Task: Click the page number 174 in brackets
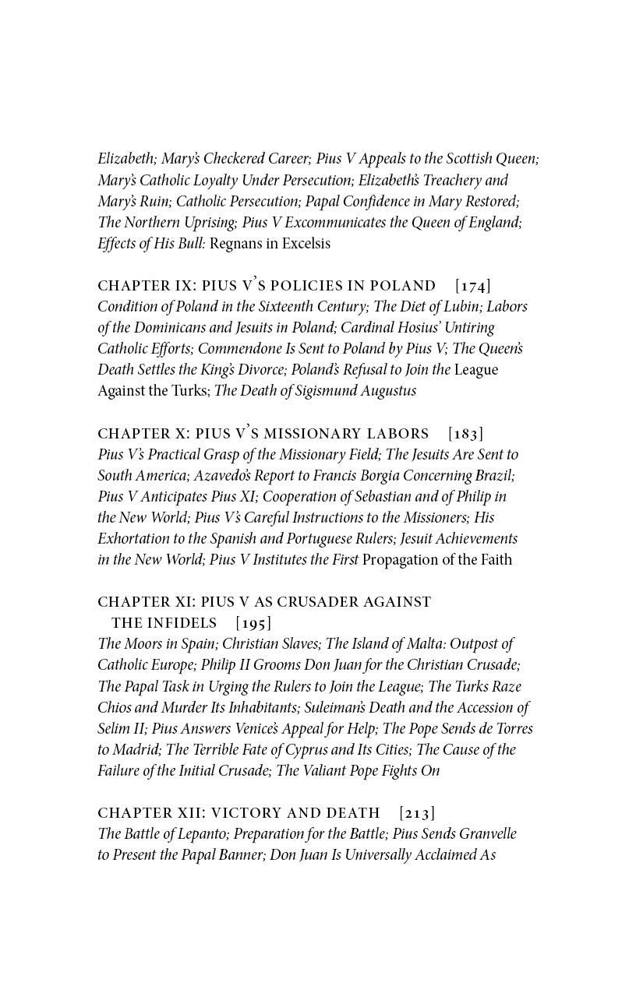tap(473, 286)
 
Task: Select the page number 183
tap(466, 434)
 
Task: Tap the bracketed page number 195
tap(253, 623)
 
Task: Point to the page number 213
tap(417, 813)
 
